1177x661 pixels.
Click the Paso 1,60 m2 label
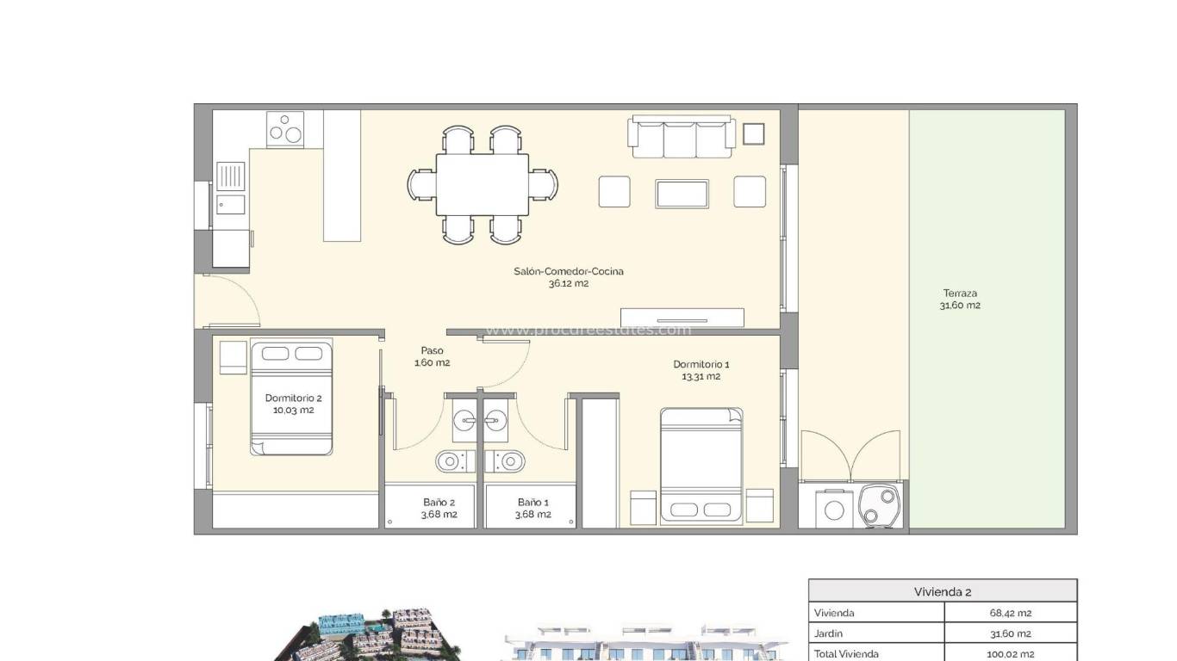pos(432,356)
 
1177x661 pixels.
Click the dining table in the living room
pos(482,185)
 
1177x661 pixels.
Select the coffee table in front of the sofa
pos(682,194)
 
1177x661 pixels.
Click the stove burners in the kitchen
pos(285,130)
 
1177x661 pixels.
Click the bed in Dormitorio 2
pos(291,397)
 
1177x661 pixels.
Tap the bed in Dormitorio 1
pos(701,466)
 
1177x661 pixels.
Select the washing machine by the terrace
pos(834,509)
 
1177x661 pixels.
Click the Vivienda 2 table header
pos(943,591)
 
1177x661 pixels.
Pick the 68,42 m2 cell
pos(1011,613)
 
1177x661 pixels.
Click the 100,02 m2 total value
pos(1010,654)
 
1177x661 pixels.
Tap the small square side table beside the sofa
pos(753,133)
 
